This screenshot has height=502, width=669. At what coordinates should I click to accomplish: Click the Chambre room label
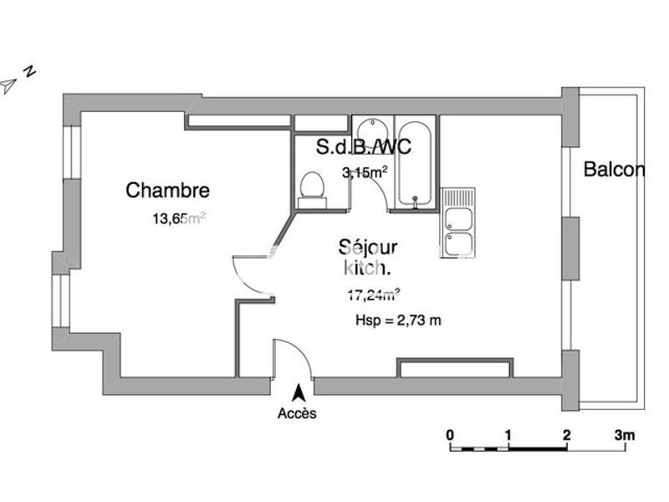(167, 191)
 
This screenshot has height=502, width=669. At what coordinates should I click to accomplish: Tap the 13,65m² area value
(178, 220)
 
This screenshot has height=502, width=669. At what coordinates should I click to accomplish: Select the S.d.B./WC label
(364, 148)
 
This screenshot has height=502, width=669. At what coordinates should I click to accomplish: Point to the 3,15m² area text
(365, 173)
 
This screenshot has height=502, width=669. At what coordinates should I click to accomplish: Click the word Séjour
(368, 248)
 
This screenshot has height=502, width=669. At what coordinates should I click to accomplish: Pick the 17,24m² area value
(373, 294)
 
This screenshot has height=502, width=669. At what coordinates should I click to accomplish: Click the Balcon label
(614, 170)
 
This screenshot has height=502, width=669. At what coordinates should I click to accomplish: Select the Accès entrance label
(297, 413)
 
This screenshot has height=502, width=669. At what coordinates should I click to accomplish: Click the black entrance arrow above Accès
(297, 392)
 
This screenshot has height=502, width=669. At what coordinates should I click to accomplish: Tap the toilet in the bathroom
(312, 187)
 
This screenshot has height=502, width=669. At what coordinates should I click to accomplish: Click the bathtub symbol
(416, 163)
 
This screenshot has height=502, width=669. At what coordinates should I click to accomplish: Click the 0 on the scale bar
(450, 434)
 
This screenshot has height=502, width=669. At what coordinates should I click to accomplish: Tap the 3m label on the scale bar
(624, 434)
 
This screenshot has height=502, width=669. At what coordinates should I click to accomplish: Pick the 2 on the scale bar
(567, 434)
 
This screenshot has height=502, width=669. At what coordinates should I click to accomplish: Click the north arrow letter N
(29, 71)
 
